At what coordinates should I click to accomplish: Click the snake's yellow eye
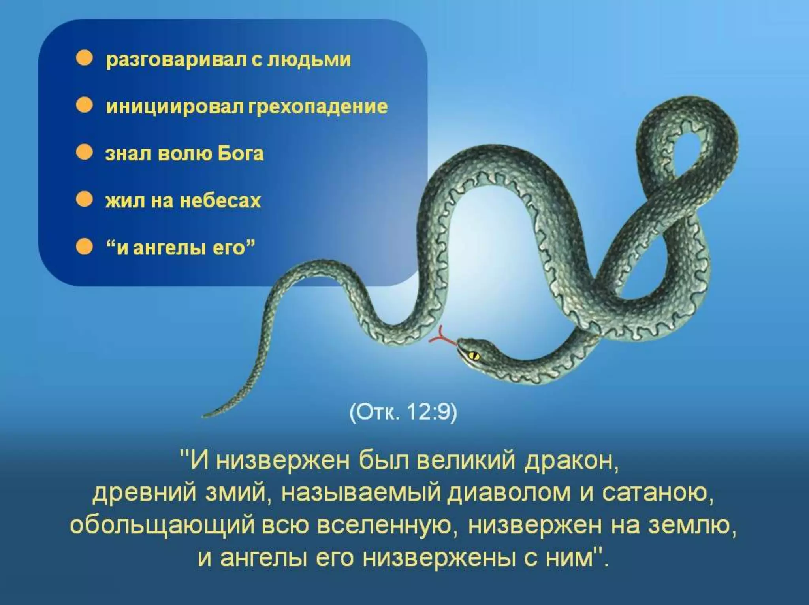pyautogui.click(x=474, y=356)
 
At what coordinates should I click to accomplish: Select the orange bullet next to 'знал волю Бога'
pyautogui.click(x=84, y=153)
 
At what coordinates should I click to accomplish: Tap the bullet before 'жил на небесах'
pyautogui.click(x=84, y=200)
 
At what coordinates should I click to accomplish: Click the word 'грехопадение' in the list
pyautogui.click(x=318, y=107)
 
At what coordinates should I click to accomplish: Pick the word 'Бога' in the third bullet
pyautogui.click(x=240, y=153)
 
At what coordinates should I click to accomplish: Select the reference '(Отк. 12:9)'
pyautogui.click(x=403, y=413)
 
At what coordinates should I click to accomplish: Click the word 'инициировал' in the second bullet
pyautogui.click(x=174, y=107)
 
